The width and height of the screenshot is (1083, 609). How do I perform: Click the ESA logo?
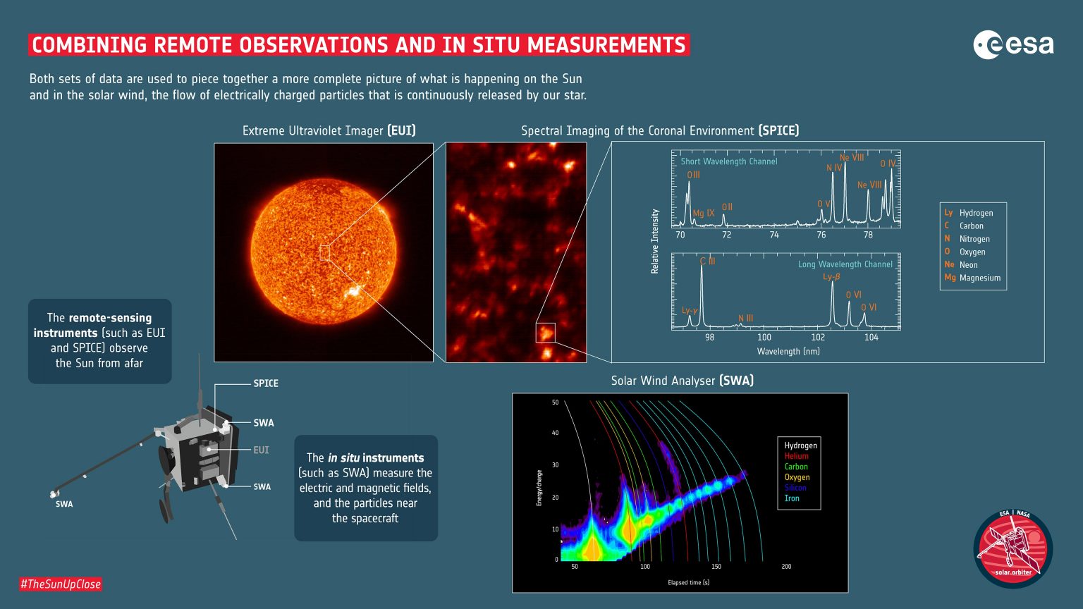[1013, 45]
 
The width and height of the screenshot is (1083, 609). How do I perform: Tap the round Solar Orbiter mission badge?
[1012, 548]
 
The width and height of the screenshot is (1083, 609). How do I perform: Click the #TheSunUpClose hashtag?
[61, 584]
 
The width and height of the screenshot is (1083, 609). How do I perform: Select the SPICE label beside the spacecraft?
[266, 383]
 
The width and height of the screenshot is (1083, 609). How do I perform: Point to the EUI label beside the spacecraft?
[261, 450]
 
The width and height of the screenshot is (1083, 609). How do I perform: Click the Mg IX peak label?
[704, 213]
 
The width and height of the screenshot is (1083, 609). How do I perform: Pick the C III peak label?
[707, 262]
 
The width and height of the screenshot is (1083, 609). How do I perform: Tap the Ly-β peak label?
[831, 277]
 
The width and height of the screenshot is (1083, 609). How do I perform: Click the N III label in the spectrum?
[745, 319]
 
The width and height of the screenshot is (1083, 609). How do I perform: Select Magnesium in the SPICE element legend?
[979, 278]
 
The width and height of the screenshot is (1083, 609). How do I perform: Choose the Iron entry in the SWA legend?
[792, 498]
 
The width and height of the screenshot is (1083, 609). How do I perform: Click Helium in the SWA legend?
[796, 456]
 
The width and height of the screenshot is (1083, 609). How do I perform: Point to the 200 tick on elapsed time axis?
[786, 567]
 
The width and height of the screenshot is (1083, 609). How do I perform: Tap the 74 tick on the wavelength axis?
[774, 235]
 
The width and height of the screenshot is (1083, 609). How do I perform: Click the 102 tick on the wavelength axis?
[818, 338]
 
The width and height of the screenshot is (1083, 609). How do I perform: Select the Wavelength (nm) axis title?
[788, 351]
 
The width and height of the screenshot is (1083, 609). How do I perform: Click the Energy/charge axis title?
[539, 488]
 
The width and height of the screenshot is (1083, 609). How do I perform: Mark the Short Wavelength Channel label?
[728, 161]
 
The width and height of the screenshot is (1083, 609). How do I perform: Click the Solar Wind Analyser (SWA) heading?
[682, 381]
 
